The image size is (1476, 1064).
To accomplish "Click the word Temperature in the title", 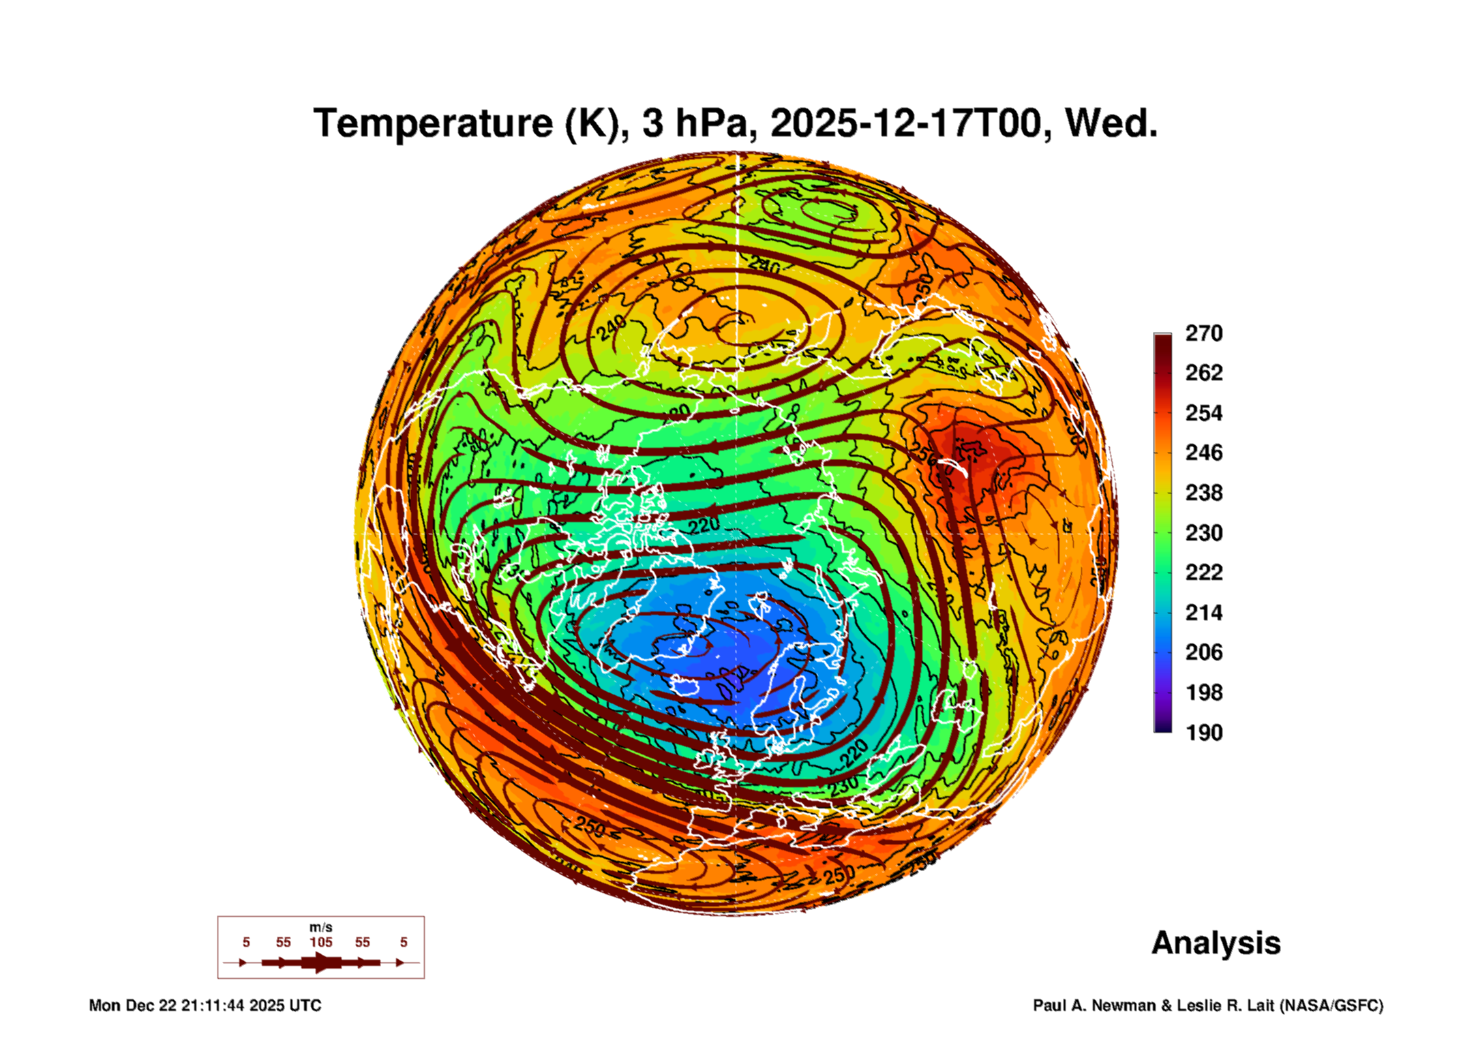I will (x=433, y=123).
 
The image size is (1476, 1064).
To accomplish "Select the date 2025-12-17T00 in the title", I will (x=907, y=123).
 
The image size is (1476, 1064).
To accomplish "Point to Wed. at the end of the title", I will (x=1111, y=123).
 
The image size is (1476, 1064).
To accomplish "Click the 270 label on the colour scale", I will (x=1203, y=333).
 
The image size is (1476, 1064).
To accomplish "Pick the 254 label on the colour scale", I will (x=1203, y=413).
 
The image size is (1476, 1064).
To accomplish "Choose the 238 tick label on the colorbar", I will (x=1203, y=493).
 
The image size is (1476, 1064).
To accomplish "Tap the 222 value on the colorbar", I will (x=1203, y=573).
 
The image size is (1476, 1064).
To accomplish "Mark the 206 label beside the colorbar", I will (x=1203, y=652).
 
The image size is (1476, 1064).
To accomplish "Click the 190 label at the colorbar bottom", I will (x=1203, y=733).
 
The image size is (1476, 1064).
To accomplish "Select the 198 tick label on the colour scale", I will (x=1203, y=693).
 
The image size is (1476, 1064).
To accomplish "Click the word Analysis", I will (x=1216, y=943).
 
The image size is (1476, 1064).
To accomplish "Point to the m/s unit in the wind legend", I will (x=320, y=928).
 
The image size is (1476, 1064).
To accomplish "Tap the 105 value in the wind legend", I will (x=321, y=943).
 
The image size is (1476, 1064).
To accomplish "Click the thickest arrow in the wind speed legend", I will (x=321, y=962).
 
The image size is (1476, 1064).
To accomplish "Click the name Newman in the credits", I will (x=1123, y=1005).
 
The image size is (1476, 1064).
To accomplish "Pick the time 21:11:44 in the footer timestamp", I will (x=212, y=1005).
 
